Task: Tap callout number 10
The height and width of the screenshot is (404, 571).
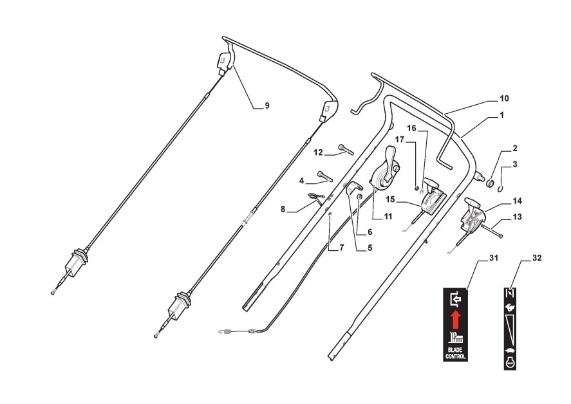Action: tap(504, 98)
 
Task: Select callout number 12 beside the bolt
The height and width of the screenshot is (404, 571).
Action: tap(318, 152)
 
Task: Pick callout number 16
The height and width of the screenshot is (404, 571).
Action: tap(411, 129)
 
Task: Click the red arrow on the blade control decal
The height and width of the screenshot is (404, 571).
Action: tap(455, 318)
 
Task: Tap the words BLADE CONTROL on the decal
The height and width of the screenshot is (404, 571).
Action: tap(455, 352)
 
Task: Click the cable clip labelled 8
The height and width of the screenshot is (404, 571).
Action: tap(315, 197)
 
